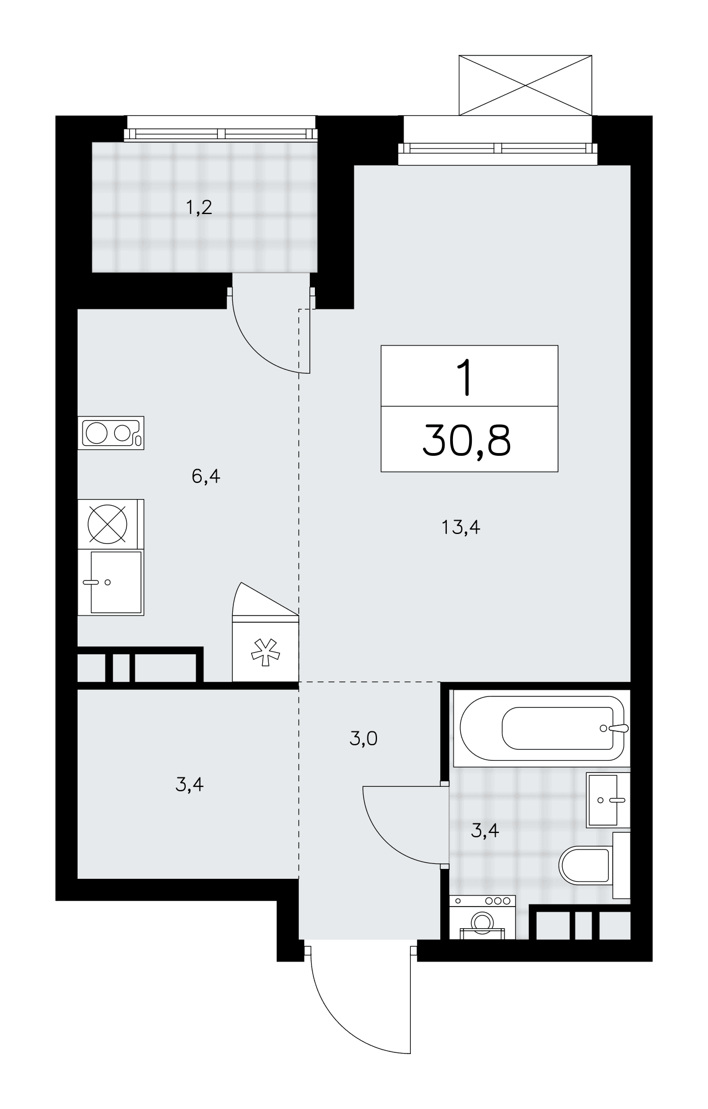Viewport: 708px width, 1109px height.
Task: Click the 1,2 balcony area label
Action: click(x=199, y=208)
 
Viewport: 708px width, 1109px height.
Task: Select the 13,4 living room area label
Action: click(x=461, y=527)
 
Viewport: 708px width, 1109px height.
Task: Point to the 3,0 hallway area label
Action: click(x=364, y=739)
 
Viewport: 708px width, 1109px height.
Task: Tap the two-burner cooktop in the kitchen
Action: click(x=111, y=433)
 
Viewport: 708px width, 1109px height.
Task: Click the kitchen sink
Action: click(x=111, y=582)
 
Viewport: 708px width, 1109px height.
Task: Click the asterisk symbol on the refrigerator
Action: click(x=265, y=652)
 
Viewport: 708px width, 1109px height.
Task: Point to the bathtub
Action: click(x=539, y=728)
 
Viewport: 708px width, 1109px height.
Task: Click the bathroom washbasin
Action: click(x=608, y=800)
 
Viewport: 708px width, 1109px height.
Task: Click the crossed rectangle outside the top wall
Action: click(x=526, y=85)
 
